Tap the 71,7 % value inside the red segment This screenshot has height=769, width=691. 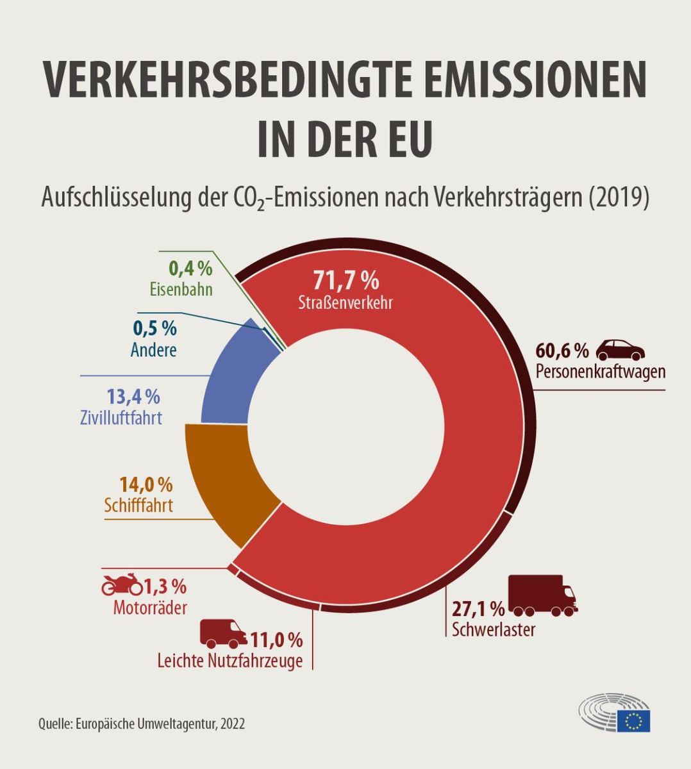tap(345, 280)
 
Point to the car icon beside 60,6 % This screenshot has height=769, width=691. tap(620, 350)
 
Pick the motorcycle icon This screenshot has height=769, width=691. tap(122, 584)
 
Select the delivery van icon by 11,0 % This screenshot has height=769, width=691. tap(223, 633)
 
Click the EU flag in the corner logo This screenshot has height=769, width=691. tap(633, 720)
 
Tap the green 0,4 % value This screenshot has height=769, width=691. tap(190, 268)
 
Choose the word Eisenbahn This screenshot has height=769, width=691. tap(181, 289)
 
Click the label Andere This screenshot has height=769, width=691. tap(153, 350)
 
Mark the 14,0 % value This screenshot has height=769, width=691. tap(146, 484)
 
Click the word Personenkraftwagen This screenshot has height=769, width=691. tap(600, 372)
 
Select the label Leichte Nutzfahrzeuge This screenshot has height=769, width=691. tap(229, 661)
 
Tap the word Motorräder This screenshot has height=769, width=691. tap(150, 607)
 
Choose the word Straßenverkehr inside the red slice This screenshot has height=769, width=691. tap(345, 302)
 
